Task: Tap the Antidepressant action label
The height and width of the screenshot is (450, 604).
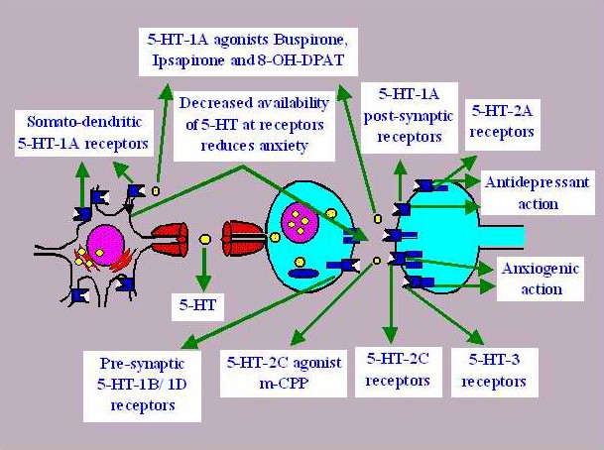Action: coord(537,193)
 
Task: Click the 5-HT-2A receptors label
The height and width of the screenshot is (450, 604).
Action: coord(501,122)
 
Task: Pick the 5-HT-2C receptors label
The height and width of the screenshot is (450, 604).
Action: coord(397,368)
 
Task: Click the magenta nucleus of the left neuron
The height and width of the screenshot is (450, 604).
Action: coord(103,242)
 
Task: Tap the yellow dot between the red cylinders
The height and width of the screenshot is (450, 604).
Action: coord(203,239)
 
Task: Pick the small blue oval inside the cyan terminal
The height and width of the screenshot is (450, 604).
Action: coord(305,273)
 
